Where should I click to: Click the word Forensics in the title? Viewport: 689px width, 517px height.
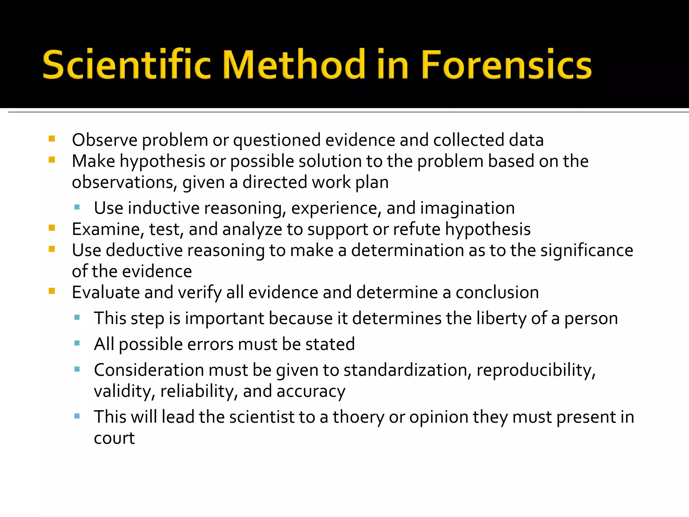pos(506,65)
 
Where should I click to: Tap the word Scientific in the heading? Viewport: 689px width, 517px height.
pos(126,65)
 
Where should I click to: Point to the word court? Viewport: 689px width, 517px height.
pos(114,438)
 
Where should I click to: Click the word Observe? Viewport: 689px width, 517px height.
pos(105,140)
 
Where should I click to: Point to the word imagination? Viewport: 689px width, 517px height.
pos(467,208)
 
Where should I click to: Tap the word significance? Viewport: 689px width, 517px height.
pos(587,250)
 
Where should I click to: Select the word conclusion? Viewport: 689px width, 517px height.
pos(497,292)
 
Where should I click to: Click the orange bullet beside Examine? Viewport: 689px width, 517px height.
pos(52,228)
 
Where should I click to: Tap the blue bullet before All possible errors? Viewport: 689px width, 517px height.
pos(77,343)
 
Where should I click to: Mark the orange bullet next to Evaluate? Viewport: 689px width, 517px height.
pos(52,291)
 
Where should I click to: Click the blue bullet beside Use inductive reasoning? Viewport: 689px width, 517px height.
pos(77,207)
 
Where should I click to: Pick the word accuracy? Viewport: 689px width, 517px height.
pos(311,391)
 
